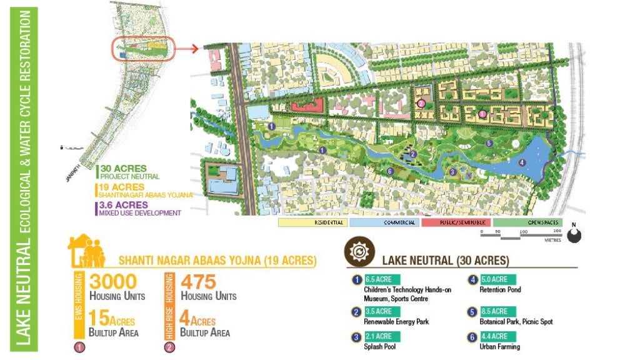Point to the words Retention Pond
click(x=500, y=290)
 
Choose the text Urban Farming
click(x=500, y=347)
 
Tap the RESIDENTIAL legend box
click(x=312, y=222)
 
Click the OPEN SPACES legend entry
click(x=527, y=222)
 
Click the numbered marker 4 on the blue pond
click(x=522, y=163)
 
